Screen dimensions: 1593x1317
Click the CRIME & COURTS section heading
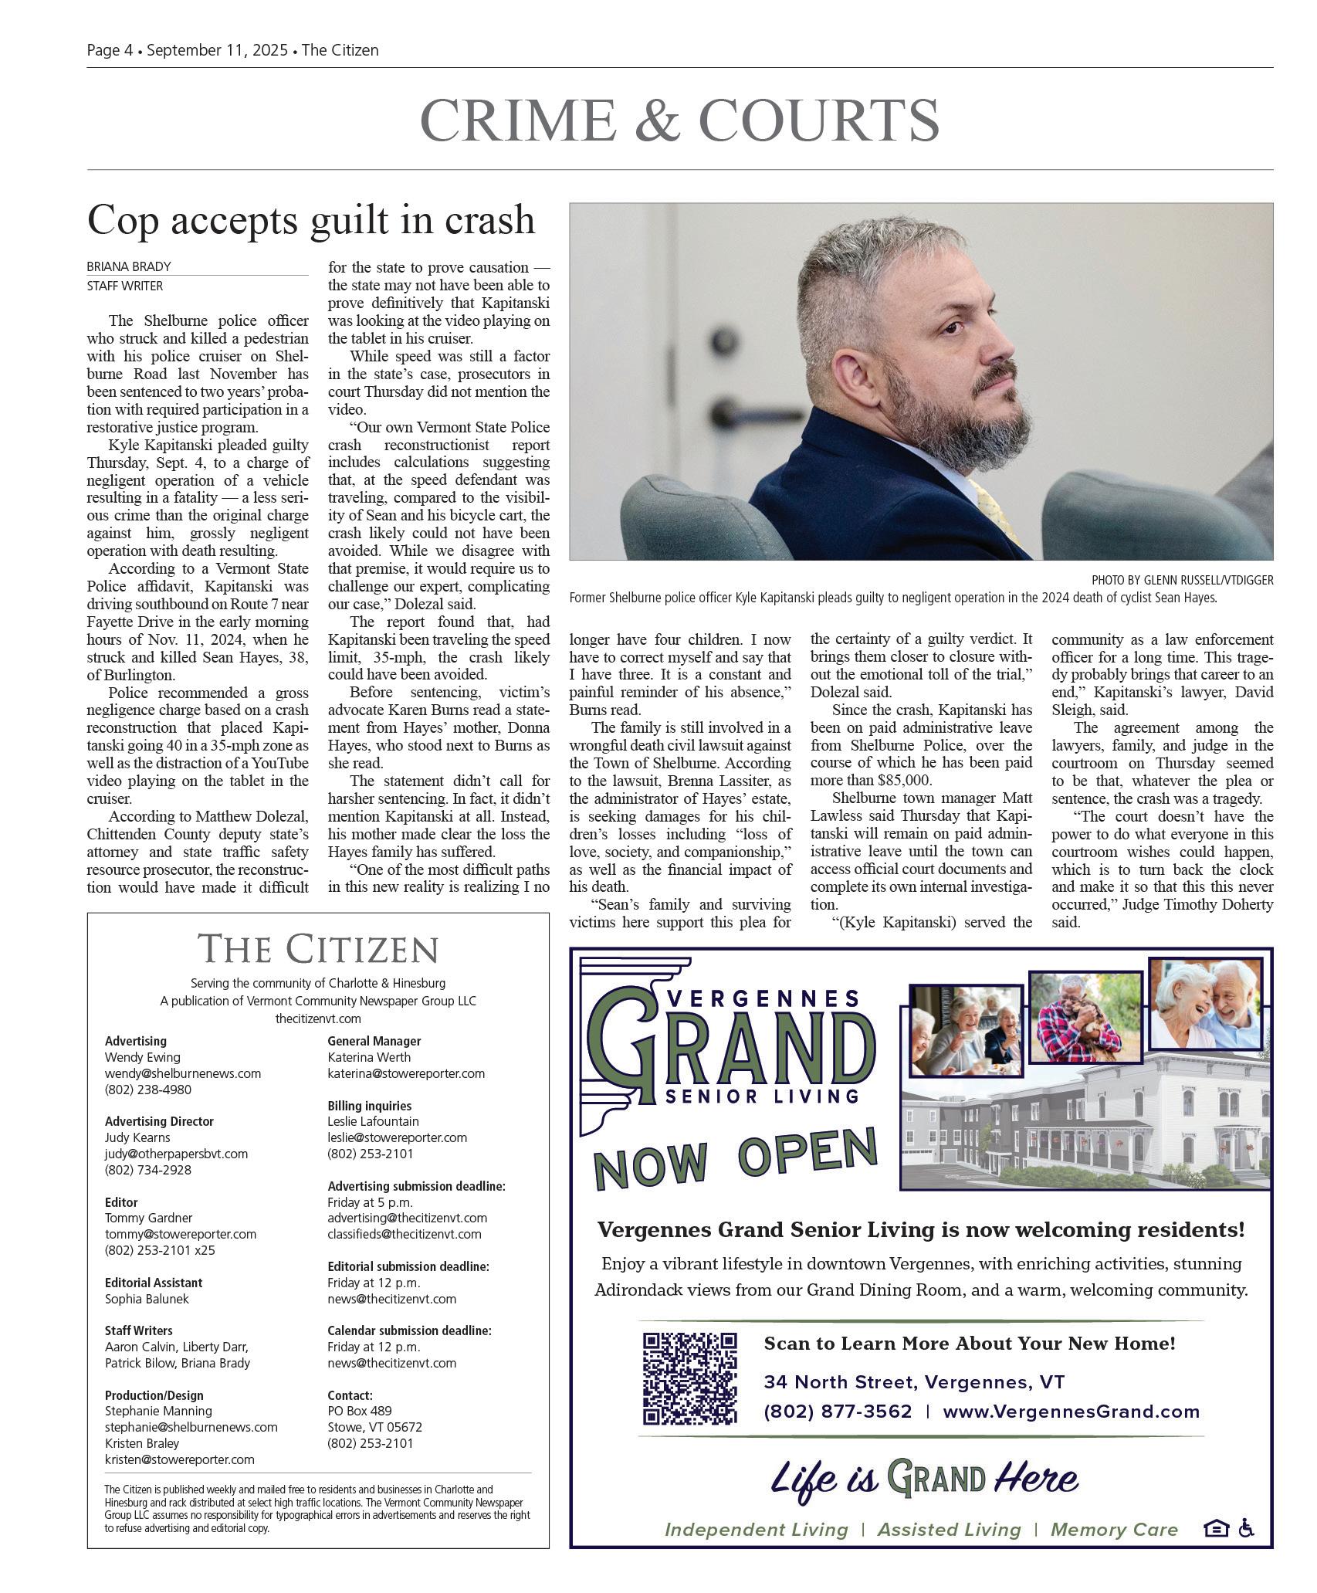pyautogui.click(x=679, y=120)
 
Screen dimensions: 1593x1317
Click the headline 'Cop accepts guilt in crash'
pyautogui.click(x=310, y=219)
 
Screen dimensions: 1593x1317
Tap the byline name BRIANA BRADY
pyautogui.click(x=129, y=266)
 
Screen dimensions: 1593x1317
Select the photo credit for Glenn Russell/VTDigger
pyautogui.click(x=1182, y=580)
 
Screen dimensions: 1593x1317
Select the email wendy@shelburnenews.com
pyautogui.click(x=183, y=1073)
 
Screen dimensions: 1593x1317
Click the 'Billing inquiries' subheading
pyautogui.click(x=369, y=1106)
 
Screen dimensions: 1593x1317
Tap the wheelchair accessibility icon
pyautogui.click(x=1245, y=1528)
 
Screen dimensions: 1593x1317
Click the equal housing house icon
pyautogui.click(x=1215, y=1528)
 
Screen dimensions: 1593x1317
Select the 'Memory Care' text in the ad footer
pyautogui.click(x=1114, y=1530)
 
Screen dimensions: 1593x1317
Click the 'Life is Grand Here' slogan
pyautogui.click(x=923, y=1479)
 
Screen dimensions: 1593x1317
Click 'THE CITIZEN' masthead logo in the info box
pyautogui.click(x=318, y=948)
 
